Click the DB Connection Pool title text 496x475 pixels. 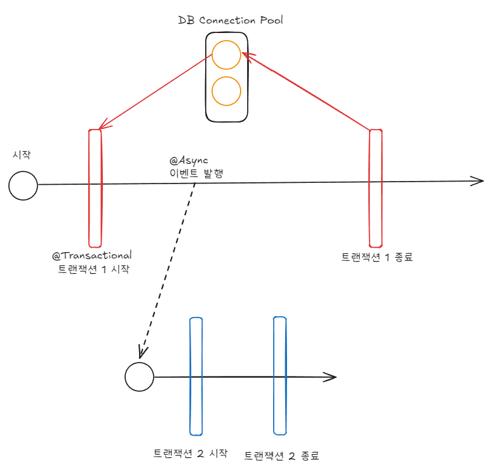[231, 20]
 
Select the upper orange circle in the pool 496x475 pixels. [226, 55]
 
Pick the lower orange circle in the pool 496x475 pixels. [226, 91]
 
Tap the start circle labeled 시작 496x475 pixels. [23, 185]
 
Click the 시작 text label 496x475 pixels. [22, 154]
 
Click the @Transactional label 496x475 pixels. [92, 255]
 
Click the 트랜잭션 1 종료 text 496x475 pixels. [377, 258]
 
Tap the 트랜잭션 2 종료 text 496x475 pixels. [281, 455]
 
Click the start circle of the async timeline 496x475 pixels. [139, 377]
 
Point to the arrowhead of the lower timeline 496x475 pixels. [330, 377]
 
